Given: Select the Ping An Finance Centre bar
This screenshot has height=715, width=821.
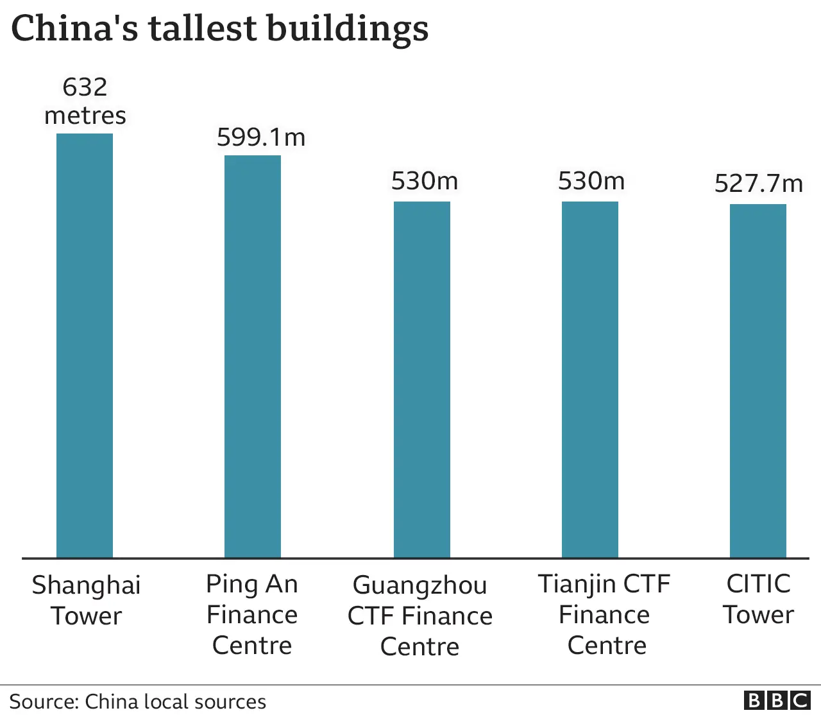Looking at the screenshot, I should [x=253, y=356].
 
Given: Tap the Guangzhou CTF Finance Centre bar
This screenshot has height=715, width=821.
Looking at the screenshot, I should [x=421, y=379].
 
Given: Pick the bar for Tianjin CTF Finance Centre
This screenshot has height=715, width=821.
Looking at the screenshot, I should [x=590, y=379].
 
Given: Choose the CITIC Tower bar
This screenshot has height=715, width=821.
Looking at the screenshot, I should [x=758, y=381].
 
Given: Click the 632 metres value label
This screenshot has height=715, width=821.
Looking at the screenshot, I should [x=85, y=101].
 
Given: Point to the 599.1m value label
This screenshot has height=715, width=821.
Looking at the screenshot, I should [x=261, y=137].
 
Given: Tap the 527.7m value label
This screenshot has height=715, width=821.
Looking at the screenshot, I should [x=759, y=184].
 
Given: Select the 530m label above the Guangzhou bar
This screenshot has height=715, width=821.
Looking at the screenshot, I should [x=425, y=181].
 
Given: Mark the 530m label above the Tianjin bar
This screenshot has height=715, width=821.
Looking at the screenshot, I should [x=591, y=181].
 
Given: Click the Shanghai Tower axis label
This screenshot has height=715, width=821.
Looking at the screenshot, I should [x=86, y=600].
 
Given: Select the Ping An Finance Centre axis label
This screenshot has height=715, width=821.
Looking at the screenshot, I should [x=252, y=614].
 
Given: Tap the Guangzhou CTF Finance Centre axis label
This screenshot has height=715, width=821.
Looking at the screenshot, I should [x=420, y=616].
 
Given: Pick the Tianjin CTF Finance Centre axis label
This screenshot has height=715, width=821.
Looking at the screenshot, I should [x=604, y=614].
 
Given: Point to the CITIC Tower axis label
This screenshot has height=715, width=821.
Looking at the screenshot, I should [x=758, y=599].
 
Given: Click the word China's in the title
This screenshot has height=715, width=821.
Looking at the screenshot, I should [x=74, y=29].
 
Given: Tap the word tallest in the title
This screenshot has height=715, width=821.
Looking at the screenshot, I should [x=203, y=29].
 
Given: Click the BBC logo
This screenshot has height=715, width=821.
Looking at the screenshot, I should [x=777, y=700].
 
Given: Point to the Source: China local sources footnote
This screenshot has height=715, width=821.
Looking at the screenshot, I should [x=137, y=702].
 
